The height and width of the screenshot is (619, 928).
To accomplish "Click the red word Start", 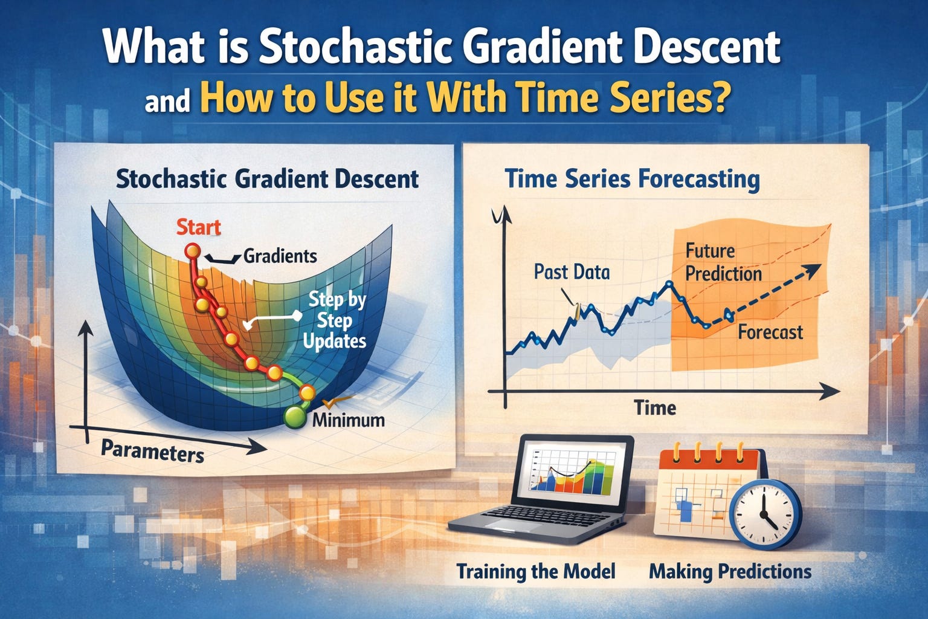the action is (x=198, y=228).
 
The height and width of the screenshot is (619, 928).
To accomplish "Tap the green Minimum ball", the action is (x=295, y=416).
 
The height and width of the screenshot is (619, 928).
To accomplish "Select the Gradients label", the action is (x=280, y=256).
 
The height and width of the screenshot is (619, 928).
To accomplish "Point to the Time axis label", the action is (x=656, y=408).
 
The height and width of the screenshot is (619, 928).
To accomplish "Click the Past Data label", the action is (x=572, y=272).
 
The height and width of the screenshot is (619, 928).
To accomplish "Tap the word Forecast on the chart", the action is (x=770, y=332).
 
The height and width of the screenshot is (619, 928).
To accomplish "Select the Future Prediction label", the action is (x=723, y=262).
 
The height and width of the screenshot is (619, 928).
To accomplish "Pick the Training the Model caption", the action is (x=536, y=571).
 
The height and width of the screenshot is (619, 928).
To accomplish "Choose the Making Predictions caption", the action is (x=730, y=571).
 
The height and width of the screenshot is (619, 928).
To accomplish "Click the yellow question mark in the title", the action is (x=717, y=97).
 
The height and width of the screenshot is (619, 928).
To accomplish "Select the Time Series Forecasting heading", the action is (x=633, y=179).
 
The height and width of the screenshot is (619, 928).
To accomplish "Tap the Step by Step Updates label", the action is (x=335, y=321).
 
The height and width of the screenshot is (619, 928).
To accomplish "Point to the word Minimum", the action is (x=349, y=420).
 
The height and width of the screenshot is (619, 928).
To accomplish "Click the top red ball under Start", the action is (x=193, y=251).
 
